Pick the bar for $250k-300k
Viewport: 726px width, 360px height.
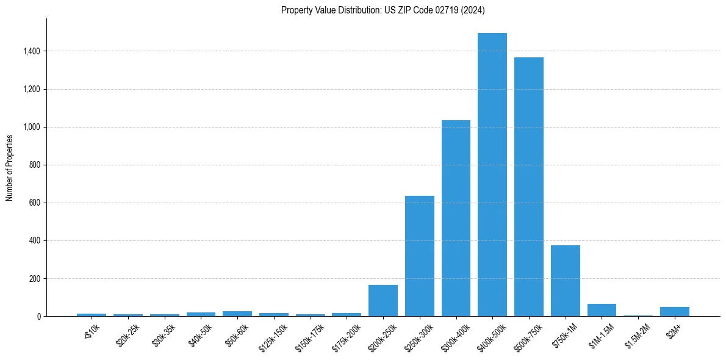tap(419, 256)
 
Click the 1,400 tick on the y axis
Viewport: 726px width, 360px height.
tap(32, 51)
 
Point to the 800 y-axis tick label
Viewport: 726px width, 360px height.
tap(35, 165)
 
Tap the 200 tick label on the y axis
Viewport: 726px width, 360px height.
tap(35, 278)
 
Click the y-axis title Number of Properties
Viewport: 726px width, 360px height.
tap(9, 167)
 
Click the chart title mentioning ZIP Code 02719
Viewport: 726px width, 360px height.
tap(383, 10)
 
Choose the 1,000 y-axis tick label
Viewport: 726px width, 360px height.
tap(32, 127)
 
